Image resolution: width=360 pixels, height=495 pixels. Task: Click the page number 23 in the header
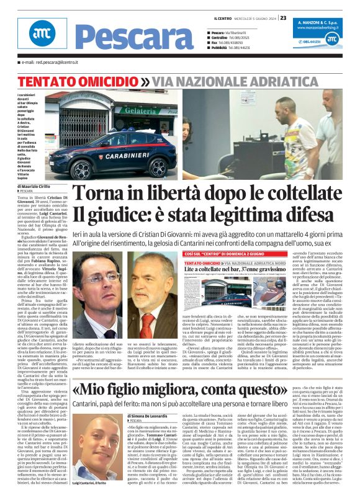pos(283,18)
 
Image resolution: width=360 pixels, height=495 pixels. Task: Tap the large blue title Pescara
pos(118,36)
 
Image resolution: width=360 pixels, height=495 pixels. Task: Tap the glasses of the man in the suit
pos(92,277)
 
